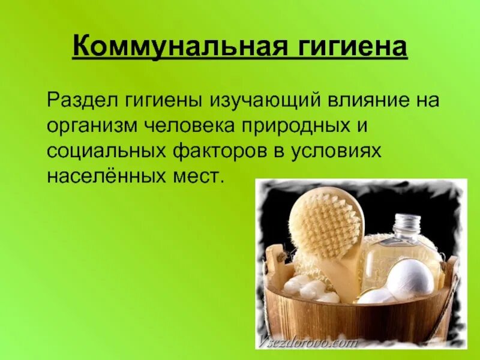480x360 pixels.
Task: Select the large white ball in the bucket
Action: pos(410,279)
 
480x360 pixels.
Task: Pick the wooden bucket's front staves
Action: pos(354,318)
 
